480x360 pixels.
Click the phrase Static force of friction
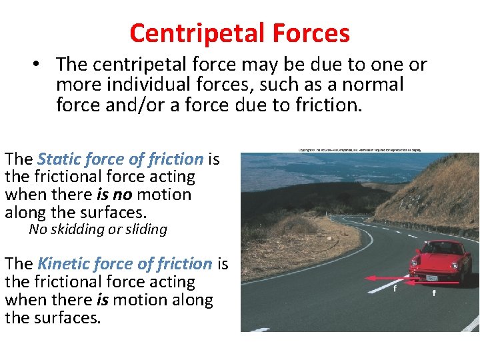point(120,159)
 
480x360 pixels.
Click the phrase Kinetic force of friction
point(125,264)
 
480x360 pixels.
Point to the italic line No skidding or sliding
point(98,230)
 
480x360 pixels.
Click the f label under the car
point(434,293)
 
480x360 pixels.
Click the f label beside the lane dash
point(395,290)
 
